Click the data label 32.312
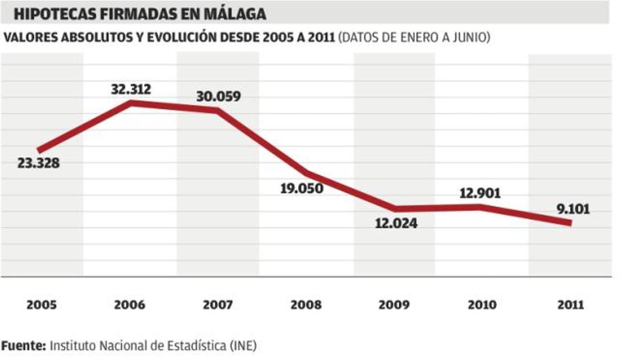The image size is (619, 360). click(131, 89)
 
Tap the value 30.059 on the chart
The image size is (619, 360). click(218, 96)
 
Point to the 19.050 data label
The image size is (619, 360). click(302, 188)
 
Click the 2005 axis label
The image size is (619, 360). click(42, 305)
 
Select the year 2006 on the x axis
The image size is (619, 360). click(129, 305)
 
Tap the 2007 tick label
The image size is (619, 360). click(218, 305)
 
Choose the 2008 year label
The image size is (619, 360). click(306, 305)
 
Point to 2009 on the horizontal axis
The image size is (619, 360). click(394, 305)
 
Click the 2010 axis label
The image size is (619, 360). click(482, 305)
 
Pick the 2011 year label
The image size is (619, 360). click(570, 305)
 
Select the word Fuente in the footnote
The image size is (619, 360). click(23, 345)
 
